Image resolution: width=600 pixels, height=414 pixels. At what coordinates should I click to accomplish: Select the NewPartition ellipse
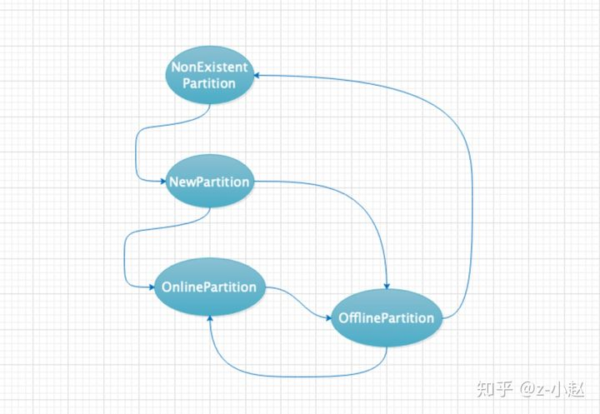[208, 182]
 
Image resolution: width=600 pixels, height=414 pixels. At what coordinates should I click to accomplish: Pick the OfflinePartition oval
[386, 317]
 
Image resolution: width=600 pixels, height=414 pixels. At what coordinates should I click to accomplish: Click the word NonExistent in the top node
[208, 66]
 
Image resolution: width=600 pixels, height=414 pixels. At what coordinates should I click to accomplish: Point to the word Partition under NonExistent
[208, 83]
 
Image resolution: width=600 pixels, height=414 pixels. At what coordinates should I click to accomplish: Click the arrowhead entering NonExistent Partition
[258, 75]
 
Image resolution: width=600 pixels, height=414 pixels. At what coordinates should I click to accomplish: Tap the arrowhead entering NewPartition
[161, 182]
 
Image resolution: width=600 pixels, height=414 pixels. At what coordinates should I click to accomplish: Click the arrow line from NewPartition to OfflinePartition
[350, 200]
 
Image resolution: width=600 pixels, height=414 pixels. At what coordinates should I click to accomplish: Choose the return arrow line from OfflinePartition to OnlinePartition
[292, 377]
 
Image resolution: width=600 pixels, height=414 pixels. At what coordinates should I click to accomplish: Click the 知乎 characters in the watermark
[492, 388]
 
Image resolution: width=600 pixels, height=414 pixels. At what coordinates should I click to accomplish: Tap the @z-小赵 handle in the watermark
[553, 388]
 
